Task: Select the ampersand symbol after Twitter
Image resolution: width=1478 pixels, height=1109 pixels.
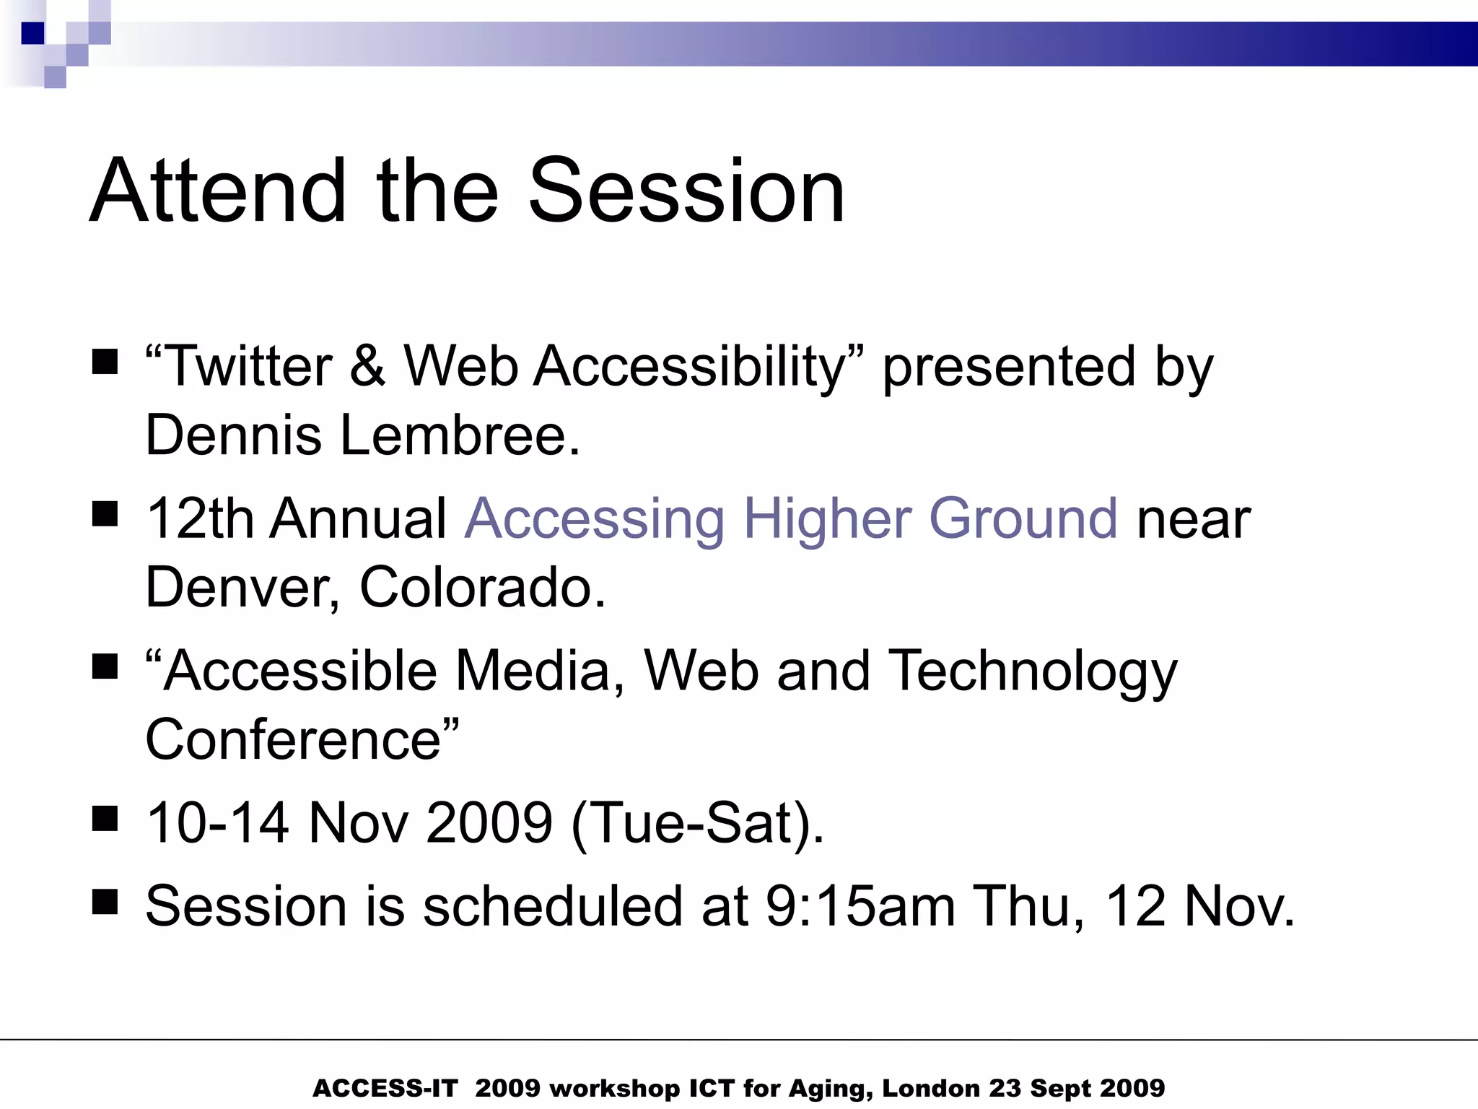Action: pyautogui.click(x=367, y=366)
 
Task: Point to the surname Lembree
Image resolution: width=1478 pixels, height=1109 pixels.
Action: pyautogui.click(x=460, y=435)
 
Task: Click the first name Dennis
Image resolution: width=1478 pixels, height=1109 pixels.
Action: pyautogui.click(x=233, y=435)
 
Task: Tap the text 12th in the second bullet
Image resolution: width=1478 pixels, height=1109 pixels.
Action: pyautogui.click(x=199, y=518)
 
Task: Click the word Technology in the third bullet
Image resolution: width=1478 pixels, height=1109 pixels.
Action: pyautogui.click(x=1032, y=671)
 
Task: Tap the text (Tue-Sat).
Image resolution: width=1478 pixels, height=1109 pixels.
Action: pyautogui.click(x=696, y=824)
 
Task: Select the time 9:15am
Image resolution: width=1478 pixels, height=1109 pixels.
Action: pyautogui.click(x=860, y=906)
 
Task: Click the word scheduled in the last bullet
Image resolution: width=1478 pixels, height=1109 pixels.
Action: pyautogui.click(x=552, y=906)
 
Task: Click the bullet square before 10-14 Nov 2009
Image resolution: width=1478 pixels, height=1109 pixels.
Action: pyautogui.click(x=105, y=819)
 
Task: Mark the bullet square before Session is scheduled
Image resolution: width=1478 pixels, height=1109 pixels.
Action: pyautogui.click(x=105, y=902)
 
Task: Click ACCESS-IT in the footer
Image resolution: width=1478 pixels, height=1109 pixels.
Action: pyautogui.click(x=385, y=1088)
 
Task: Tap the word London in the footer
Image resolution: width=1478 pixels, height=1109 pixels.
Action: pyautogui.click(x=930, y=1088)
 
